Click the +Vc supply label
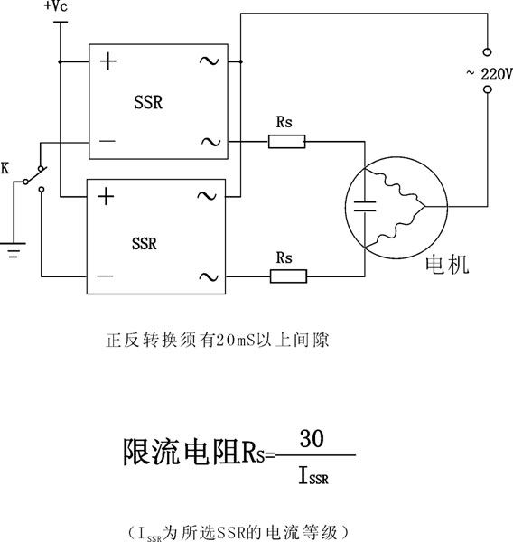pyautogui.click(x=56, y=6)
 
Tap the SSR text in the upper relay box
pyautogui.click(x=148, y=102)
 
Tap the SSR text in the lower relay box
pyautogui.click(x=145, y=244)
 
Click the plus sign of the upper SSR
pyautogui.click(x=108, y=61)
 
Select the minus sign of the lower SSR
pyautogui.click(x=105, y=276)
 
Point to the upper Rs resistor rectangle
pyautogui.click(x=287, y=142)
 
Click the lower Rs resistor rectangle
pyautogui.click(x=288, y=276)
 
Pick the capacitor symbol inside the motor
pyautogui.click(x=365, y=206)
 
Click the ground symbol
pyautogui.click(x=13, y=250)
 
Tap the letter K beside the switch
pyautogui.click(x=5, y=169)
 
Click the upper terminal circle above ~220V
pyautogui.click(x=488, y=52)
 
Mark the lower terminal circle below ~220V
pyautogui.click(x=488, y=89)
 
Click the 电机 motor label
pyautogui.click(x=447, y=265)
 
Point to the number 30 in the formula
pyautogui.click(x=312, y=438)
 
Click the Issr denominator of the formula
pyautogui.click(x=313, y=475)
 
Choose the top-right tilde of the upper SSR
pyautogui.click(x=210, y=61)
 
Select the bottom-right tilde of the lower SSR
pyautogui.click(x=209, y=277)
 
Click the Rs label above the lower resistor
pyautogui.click(x=284, y=257)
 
